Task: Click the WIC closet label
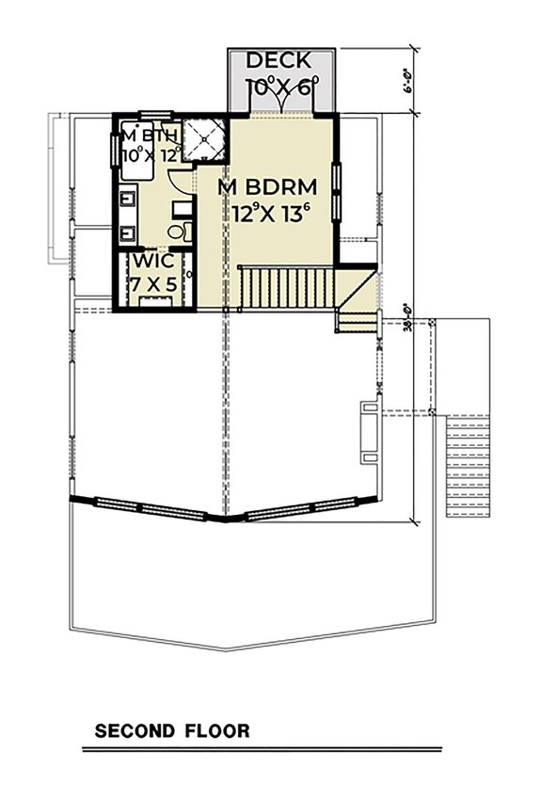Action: tap(151, 261)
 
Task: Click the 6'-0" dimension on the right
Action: tap(411, 82)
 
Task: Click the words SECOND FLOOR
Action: tap(171, 730)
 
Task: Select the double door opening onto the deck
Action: tap(281, 105)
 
